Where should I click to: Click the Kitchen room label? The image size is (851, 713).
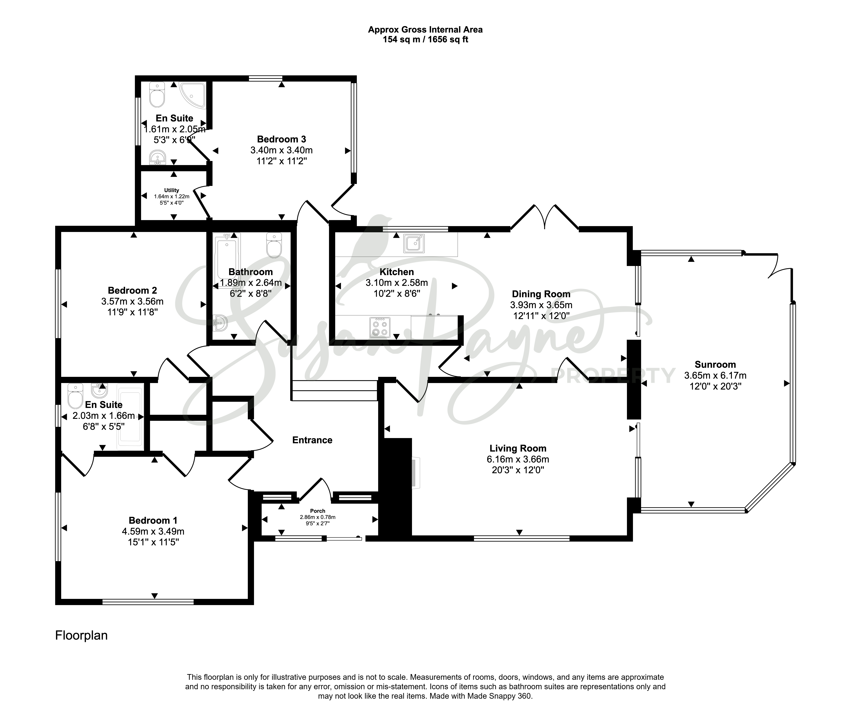click(x=397, y=272)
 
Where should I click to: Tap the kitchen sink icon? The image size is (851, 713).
click(x=414, y=243)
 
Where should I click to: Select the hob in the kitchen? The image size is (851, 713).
click(x=380, y=327)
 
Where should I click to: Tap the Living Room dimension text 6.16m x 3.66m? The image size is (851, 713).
click(x=518, y=459)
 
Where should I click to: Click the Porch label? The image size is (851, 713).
click(x=318, y=511)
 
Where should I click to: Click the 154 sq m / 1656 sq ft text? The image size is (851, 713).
click(x=425, y=40)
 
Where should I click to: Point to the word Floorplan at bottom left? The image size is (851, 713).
click(x=82, y=635)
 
